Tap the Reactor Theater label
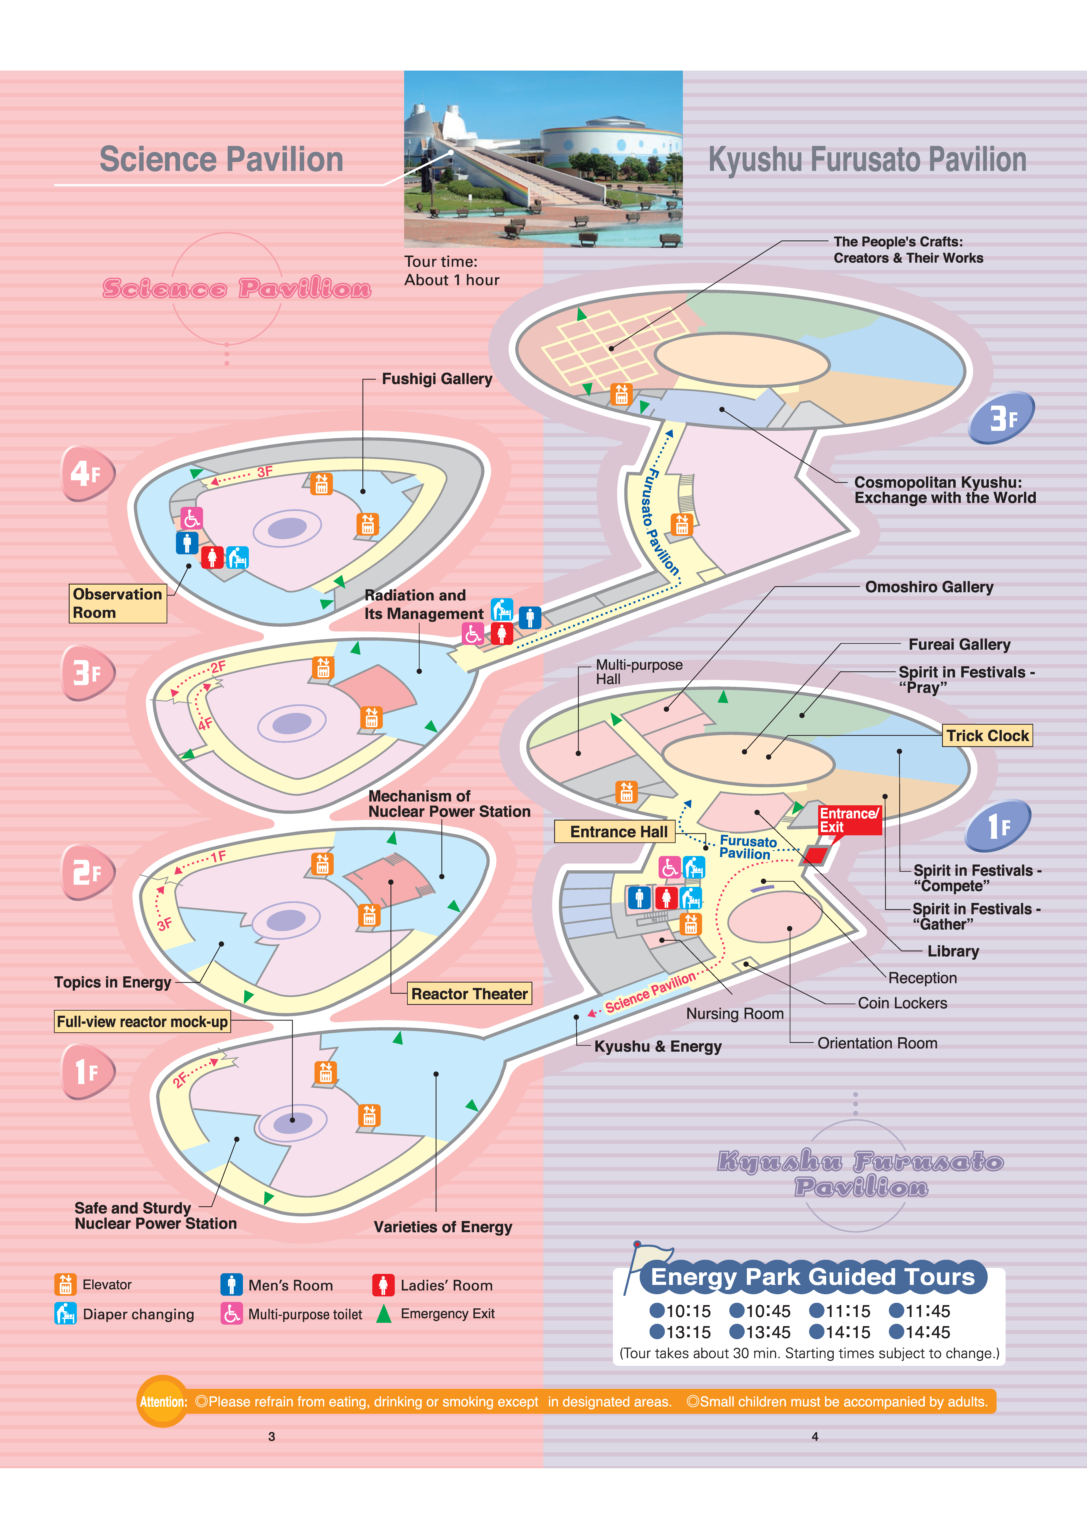pos(469,993)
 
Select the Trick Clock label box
pos(987,736)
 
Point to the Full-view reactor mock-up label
pos(142,1022)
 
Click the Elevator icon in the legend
pos(65,1284)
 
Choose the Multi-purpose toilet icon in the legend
pos(232,1314)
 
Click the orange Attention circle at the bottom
pos(163,1401)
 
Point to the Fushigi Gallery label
pos(437,379)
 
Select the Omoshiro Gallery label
pos(929,587)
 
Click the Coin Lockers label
pos(902,1003)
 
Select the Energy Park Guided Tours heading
pos(812,1277)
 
